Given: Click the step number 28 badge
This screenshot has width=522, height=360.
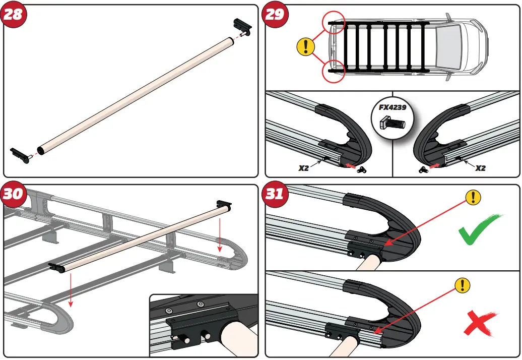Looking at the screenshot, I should pos(13,14).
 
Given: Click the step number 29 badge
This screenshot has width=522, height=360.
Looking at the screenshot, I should pos(275,14).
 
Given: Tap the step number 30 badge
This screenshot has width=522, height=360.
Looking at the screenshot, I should pos(13,194).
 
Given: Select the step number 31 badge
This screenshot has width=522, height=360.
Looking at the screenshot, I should pos(275,194).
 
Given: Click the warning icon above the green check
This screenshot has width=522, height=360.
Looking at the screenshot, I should pos(472,197).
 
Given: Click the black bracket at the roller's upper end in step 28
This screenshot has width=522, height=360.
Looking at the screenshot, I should pos(242,25).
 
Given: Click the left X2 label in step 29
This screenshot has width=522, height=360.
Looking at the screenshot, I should pos(303,168).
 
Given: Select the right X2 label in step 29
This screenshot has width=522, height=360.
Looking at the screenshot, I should pos(481,168).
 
